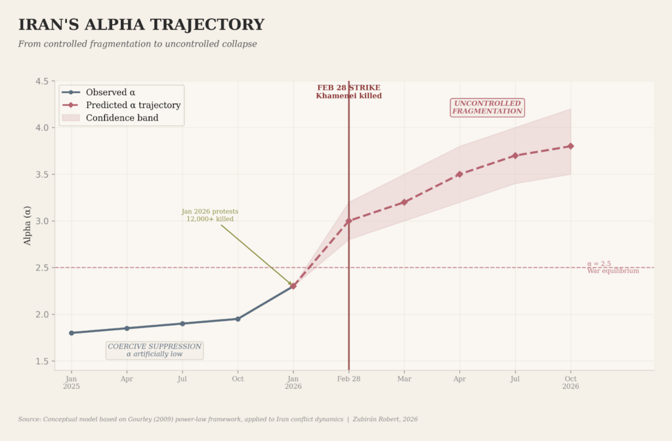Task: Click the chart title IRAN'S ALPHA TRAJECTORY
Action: (141, 25)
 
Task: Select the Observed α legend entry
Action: (110, 92)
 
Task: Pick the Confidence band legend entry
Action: (122, 118)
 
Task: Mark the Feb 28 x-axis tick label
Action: (348, 379)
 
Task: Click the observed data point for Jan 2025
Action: (72, 333)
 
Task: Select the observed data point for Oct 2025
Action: (238, 319)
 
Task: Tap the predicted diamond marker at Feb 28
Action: (348, 221)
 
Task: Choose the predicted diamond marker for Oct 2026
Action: (571, 146)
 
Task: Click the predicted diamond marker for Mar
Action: (404, 202)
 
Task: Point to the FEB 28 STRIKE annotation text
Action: (348, 92)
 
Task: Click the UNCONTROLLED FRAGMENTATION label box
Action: (487, 107)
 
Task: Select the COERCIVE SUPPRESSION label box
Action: (155, 350)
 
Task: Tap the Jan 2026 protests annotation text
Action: (210, 216)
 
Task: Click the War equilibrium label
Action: (613, 271)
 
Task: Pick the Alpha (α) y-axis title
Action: (28, 225)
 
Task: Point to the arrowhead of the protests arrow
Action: (291, 284)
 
